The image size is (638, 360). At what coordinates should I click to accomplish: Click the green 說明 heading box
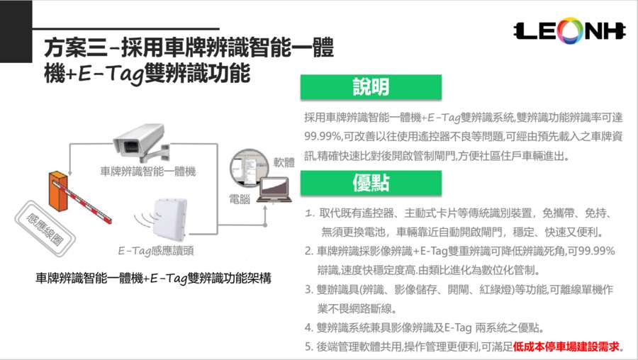point(371,87)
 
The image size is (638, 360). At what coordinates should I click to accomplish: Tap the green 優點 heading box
point(371,183)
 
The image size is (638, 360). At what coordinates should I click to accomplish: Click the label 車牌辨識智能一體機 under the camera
point(147,171)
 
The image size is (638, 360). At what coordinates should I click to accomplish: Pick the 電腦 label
point(239,200)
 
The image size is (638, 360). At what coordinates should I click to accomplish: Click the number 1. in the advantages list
point(310,213)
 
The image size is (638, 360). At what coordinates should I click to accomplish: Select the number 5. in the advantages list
point(309,347)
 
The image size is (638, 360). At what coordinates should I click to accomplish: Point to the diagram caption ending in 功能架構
point(153,278)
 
